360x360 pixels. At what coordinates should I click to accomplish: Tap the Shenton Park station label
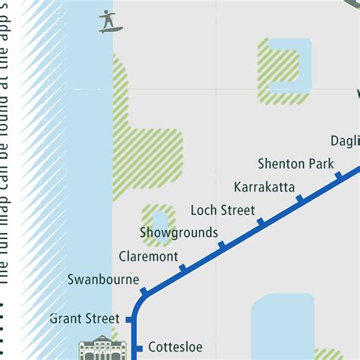[295, 164]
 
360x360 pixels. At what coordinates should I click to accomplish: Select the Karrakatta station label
[264, 187]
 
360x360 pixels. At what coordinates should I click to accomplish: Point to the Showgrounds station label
[178, 232]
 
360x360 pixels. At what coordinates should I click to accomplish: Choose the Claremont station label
[148, 257]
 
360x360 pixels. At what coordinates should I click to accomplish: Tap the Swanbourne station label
[103, 279]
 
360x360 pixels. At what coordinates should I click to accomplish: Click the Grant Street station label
[84, 318]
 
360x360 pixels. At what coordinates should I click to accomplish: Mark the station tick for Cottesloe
[139, 349]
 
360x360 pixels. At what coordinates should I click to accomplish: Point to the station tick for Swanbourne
[144, 289]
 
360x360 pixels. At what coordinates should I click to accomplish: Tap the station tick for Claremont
[182, 268]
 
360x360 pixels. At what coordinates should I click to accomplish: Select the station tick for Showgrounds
[222, 245]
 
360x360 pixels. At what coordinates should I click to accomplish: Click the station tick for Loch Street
[261, 222]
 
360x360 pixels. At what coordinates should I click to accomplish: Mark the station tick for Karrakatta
[299, 199]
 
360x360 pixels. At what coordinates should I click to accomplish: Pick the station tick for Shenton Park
[339, 176]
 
